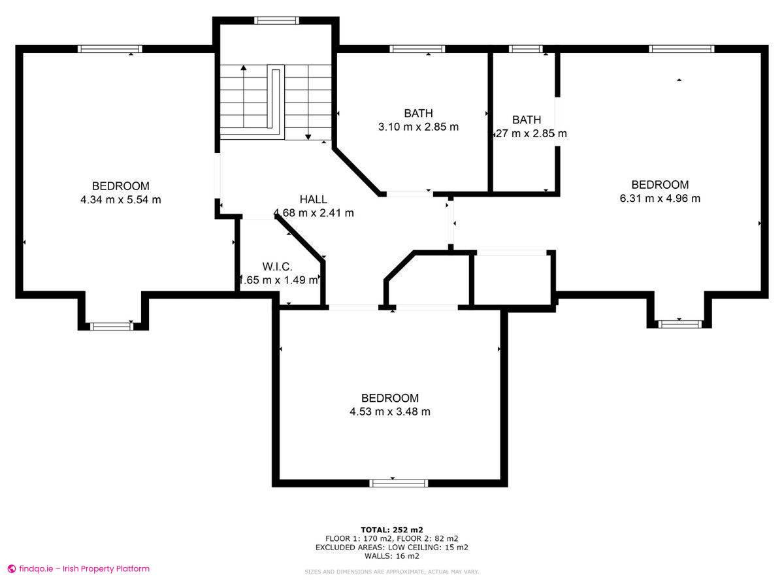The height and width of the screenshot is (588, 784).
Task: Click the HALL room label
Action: pos(313,199)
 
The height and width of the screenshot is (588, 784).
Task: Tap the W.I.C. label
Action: pos(277,267)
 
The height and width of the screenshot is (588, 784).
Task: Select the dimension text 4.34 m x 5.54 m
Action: pos(120,200)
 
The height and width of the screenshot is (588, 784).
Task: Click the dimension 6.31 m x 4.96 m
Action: pos(660,199)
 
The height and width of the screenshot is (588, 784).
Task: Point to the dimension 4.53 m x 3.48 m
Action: pos(390,412)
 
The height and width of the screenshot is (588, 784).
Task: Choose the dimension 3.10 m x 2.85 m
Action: pos(418,127)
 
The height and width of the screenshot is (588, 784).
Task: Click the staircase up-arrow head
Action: pos(244,67)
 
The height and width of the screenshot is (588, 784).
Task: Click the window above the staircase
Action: pos(277,20)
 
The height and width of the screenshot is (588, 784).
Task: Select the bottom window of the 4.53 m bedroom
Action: pos(399,483)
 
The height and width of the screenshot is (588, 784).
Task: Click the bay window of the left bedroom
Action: pos(112,326)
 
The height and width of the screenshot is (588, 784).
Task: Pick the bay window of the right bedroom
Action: pos(680,323)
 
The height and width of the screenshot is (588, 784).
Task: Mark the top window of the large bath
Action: pos(417,48)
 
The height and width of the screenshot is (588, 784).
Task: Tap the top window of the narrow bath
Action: pos(526,48)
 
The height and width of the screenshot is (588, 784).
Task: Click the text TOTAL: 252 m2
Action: pos(391,529)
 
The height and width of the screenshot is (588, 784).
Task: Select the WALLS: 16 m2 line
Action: pos(391,556)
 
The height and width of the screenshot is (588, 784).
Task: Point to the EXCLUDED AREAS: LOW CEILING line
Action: pos(391,547)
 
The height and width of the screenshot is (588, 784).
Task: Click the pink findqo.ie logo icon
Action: pos(11,569)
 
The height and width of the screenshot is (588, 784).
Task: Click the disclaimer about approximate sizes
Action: pos(391,572)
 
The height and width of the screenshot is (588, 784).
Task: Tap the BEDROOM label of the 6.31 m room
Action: pos(660,185)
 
